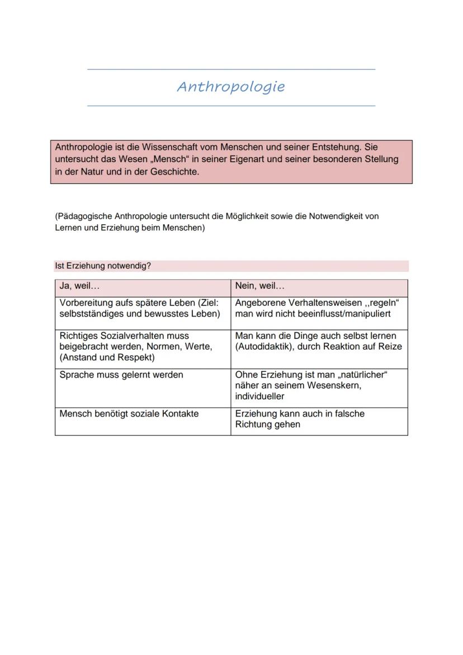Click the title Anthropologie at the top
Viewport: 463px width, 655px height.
(x=231, y=87)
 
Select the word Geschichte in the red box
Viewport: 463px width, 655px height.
(x=174, y=172)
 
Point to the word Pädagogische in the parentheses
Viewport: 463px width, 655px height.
(x=84, y=216)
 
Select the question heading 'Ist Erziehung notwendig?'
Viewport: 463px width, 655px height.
(x=103, y=266)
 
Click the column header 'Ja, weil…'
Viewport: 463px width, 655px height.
(x=79, y=286)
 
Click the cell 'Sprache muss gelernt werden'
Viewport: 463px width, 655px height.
(x=121, y=375)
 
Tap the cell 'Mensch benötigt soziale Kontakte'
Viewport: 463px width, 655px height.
(x=129, y=414)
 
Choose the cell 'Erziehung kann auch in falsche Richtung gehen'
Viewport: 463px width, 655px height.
(x=299, y=419)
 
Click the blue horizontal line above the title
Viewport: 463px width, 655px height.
(x=231, y=69)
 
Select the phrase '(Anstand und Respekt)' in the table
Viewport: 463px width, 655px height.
(x=107, y=357)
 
